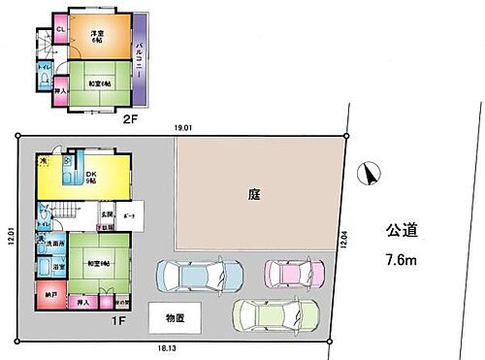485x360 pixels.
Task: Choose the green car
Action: click(277, 315)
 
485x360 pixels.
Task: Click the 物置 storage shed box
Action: click(174, 318)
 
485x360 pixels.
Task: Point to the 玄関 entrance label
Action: click(110, 213)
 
